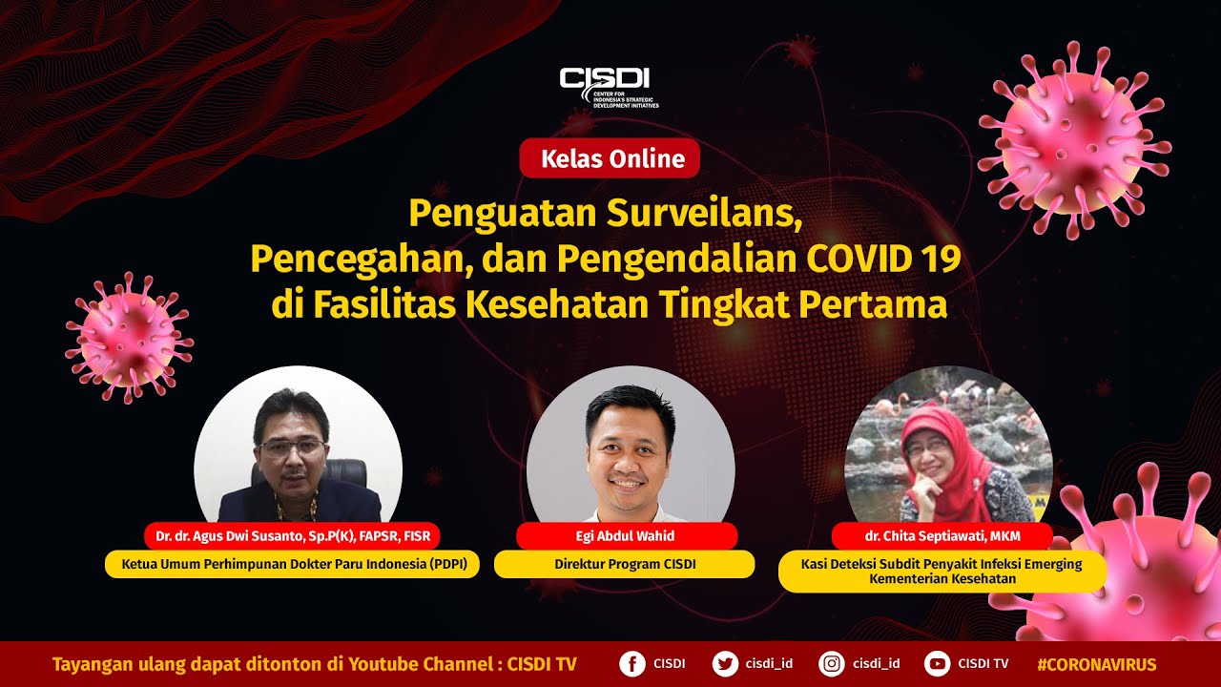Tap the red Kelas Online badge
click(x=610, y=158)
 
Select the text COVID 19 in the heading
click(x=883, y=259)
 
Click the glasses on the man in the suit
click(x=290, y=447)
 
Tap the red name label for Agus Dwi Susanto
click(x=293, y=536)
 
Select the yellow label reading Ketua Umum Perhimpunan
click(x=292, y=564)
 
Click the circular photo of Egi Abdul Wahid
click(x=631, y=448)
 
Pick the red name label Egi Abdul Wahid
click(x=627, y=536)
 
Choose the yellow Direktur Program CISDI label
click(x=625, y=564)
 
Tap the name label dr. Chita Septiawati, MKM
click(x=942, y=536)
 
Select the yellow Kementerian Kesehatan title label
click(x=942, y=571)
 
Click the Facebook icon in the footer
click(x=631, y=664)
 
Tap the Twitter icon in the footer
click(x=725, y=664)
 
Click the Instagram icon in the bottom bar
click(x=833, y=664)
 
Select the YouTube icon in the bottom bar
click(x=938, y=664)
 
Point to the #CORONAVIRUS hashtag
click(x=1096, y=664)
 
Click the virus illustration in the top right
click(x=1074, y=143)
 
